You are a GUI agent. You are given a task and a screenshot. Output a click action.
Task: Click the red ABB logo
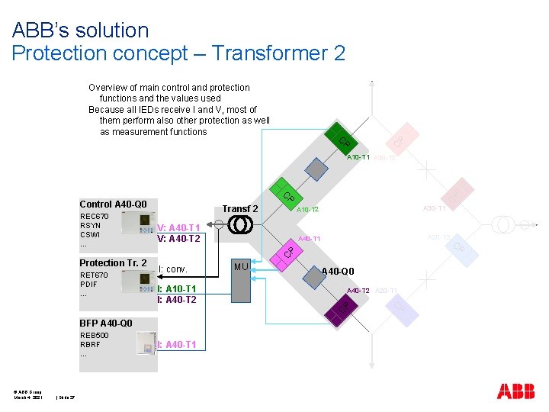[515, 391]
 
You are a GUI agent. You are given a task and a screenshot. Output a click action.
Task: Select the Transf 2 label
[240, 209]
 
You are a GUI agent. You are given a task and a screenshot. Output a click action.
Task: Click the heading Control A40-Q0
[113, 204]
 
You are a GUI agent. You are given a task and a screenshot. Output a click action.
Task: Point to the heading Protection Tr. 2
[113, 263]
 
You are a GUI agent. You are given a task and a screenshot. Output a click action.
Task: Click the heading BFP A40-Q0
[106, 323]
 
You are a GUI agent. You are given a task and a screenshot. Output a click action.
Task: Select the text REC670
[95, 217]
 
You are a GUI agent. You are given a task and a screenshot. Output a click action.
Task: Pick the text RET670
[94, 275]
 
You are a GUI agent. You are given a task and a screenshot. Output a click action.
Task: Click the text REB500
[95, 336]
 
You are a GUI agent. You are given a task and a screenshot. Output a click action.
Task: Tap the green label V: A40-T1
[178, 228]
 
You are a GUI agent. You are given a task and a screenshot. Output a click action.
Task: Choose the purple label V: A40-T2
[178, 239]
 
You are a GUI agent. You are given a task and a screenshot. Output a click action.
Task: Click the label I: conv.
[172, 269]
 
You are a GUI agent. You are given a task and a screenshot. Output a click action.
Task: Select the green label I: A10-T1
[177, 289]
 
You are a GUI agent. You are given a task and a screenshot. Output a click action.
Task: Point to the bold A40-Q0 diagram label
[338, 272]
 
